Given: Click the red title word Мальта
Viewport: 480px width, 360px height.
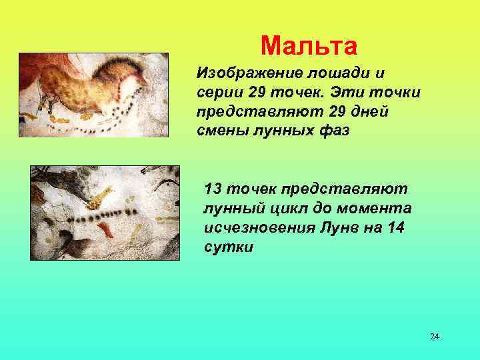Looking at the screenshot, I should pyautogui.click(x=309, y=45).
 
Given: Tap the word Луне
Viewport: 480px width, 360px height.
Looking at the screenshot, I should pyautogui.click(x=341, y=228).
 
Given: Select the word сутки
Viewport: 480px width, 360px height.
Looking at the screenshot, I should pyautogui.click(x=229, y=247).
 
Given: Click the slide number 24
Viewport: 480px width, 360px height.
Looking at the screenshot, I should pyautogui.click(x=434, y=336).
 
